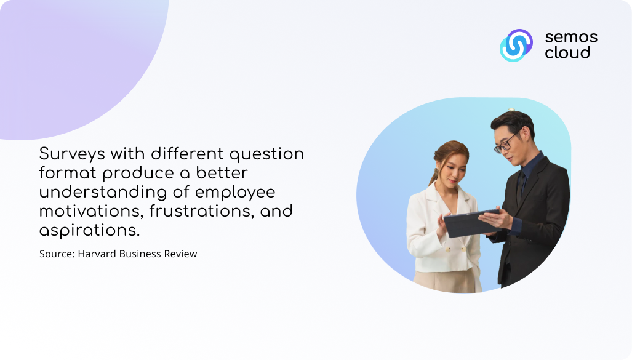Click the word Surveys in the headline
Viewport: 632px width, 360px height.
(72, 154)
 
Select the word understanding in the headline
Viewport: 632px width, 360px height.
(103, 192)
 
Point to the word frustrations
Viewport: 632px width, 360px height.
(201, 212)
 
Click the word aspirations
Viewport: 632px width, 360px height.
(89, 231)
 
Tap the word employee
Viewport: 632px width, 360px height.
(235, 193)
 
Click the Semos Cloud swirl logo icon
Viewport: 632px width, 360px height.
(516, 45)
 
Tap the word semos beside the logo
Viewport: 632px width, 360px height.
(571, 38)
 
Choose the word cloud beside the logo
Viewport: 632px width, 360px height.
(567, 52)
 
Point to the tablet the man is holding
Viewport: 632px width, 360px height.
(471, 223)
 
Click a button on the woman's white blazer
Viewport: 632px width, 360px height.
(447, 250)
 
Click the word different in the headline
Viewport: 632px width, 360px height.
(188, 154)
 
